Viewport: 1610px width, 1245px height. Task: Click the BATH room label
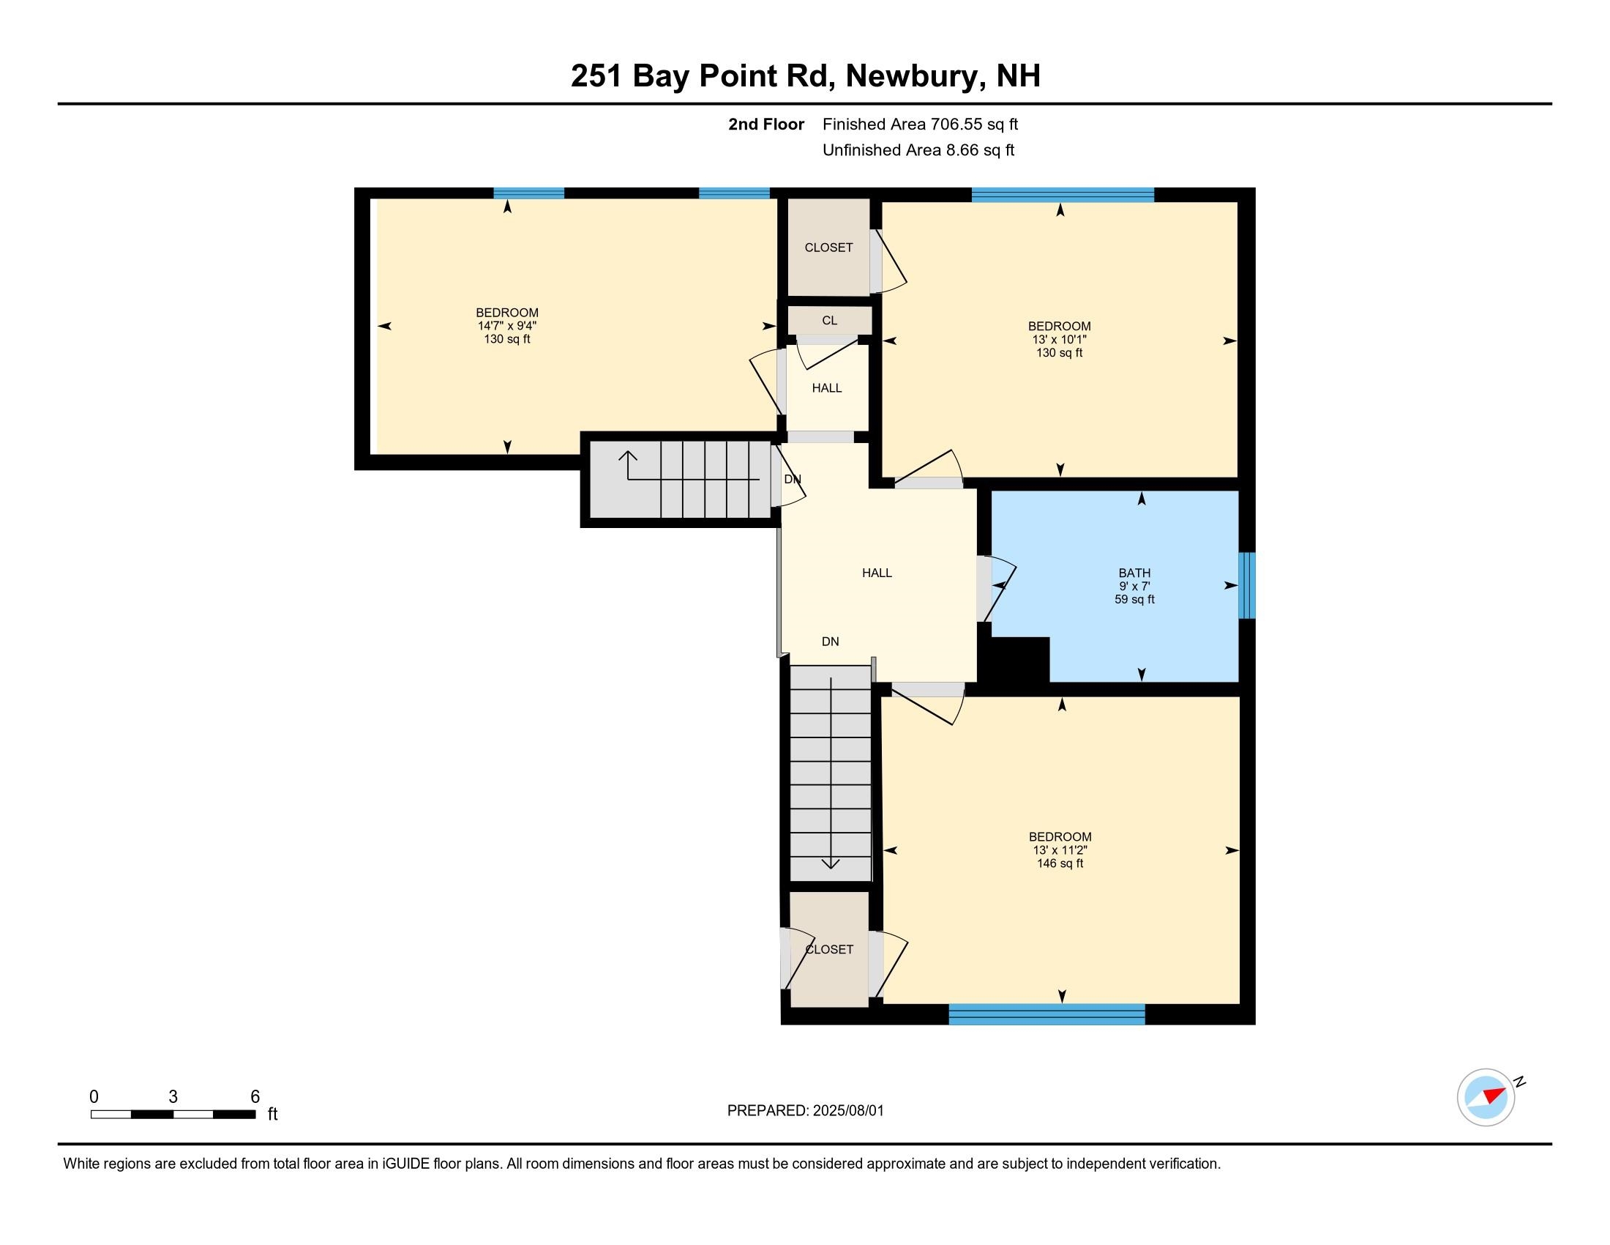pos(1134,573)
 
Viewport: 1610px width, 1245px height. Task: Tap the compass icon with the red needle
pos(1486,1097)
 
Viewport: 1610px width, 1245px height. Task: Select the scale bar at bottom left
pos(173,1115)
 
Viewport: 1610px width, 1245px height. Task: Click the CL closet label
pos(829,320)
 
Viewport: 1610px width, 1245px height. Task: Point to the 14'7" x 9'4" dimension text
pos(506,326)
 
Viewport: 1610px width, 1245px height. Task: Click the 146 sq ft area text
pos(1060,863)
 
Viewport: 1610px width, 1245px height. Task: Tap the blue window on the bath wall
pos(1246,585)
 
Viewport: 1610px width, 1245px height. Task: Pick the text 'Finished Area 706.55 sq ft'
pos(920,124)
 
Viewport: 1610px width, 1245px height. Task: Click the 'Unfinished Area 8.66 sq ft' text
pos(918,149)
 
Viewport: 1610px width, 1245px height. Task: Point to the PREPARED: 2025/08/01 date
pos(805,1111)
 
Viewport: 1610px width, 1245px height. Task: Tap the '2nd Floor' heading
pos(766,124)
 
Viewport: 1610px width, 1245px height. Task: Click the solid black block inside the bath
pos(1013,659)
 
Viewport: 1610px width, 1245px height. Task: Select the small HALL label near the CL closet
pos(827,388)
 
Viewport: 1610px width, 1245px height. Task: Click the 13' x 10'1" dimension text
pos(1060,339)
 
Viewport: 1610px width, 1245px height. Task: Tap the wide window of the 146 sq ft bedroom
pos(1046,1014)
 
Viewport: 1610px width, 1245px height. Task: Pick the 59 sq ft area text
pos(1134,600)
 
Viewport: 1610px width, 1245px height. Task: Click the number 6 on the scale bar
pos(255,1097)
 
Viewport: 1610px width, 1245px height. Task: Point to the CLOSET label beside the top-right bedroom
pos(828,248)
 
